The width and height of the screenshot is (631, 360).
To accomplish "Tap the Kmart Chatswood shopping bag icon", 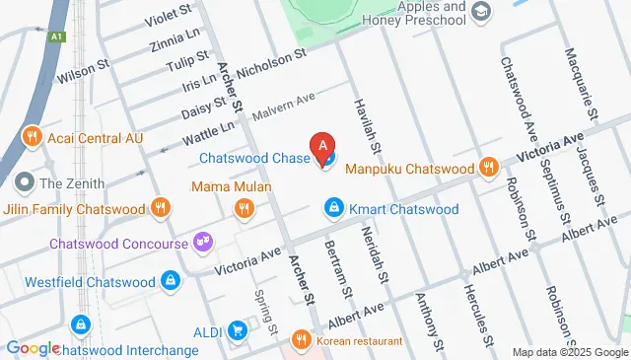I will [333, 209].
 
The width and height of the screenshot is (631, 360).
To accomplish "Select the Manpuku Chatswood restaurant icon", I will [487, 169].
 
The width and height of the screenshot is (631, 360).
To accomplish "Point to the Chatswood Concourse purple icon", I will [203, 241].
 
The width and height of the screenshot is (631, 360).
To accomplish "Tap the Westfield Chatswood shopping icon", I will [172, 281].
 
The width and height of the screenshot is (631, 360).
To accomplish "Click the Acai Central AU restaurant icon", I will [32, 137].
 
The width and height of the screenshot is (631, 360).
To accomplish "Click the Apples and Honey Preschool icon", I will [480, 12].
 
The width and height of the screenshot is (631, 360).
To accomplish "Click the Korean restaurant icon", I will [302, 341].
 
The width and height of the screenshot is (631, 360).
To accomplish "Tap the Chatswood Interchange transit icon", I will [81, 323].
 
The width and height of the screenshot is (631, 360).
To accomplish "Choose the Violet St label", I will [169, 14].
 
